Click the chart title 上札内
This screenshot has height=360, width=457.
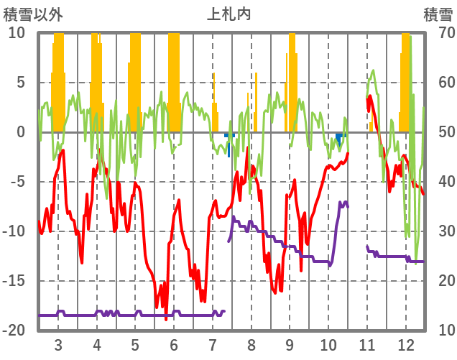click(x=228, y=14)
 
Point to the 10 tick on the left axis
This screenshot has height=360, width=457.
click(x=16, y=33)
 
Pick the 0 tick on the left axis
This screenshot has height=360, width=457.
click(x=20, y=132)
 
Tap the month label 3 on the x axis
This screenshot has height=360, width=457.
click(x=58, y=344)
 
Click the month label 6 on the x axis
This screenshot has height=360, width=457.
click(x=174, y=344)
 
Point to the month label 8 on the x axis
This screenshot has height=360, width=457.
click(x=251, y=344)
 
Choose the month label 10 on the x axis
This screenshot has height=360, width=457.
click(x=328, y=344)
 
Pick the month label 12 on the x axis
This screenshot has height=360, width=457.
click(x=406, y=344)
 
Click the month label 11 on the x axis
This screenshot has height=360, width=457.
click(x=367, y=344)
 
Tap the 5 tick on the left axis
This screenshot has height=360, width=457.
click(x=20, y=83)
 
